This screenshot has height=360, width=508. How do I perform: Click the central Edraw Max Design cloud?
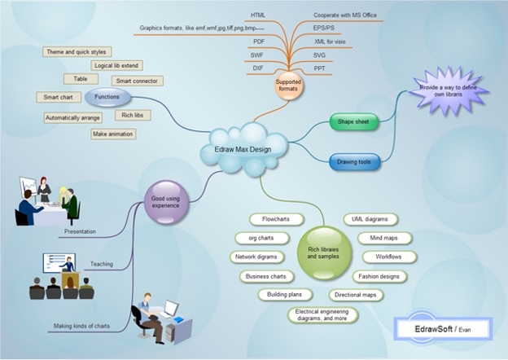(x=245, y=149)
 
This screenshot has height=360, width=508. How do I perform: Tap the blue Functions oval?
(x=107, y=97)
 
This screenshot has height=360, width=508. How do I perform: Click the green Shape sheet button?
(x=354, y=123)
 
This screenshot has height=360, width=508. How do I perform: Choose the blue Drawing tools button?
(x=354, y=163)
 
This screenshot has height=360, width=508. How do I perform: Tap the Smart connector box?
(x=136, y=81)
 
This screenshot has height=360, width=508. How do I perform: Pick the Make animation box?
(x=113, y=134)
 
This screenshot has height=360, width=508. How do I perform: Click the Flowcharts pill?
(x=265, y=220)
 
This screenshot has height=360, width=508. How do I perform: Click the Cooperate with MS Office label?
(x=345, y=15)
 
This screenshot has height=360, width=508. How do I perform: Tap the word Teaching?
(x=101, y=264)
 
